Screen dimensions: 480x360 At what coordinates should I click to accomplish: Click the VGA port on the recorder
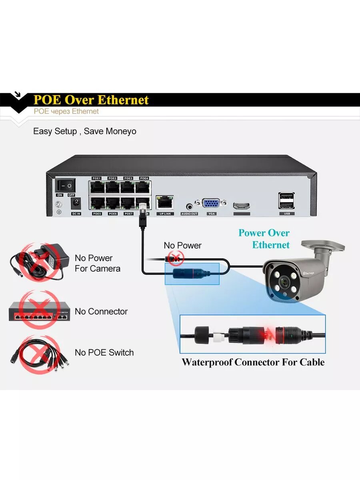coord(211,204)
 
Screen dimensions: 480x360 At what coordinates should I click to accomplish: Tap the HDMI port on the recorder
coord(242,206)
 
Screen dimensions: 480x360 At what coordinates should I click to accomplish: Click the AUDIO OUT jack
coord(189,206)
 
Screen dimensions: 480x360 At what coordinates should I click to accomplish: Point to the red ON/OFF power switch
coord(65,185)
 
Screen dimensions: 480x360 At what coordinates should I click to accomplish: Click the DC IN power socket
coord(76,203)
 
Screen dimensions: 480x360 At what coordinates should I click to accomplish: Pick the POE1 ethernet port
coord(96,187)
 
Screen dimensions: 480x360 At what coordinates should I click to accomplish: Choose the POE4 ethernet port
coord(143,187)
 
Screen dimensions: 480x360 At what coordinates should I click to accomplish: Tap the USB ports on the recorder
coord(286,201)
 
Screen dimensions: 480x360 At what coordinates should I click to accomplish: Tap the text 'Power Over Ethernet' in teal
coord(264,239)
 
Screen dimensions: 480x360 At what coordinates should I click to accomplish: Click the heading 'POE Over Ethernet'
coord(91,100)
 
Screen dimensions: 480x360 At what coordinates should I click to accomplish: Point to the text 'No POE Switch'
coord(104,352)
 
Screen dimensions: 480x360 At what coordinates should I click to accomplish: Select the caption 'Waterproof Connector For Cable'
coord(253,362)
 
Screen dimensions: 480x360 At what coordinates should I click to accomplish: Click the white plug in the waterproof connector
coord(218,335)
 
